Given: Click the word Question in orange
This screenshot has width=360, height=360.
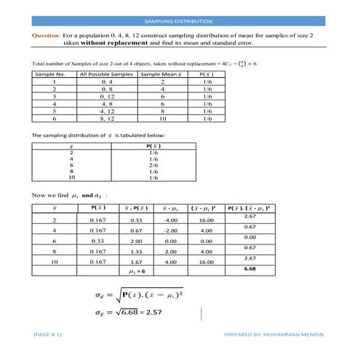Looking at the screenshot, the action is click(x=46, y=34).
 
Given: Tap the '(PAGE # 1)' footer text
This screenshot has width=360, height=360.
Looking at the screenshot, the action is click(x=47, y=334).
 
